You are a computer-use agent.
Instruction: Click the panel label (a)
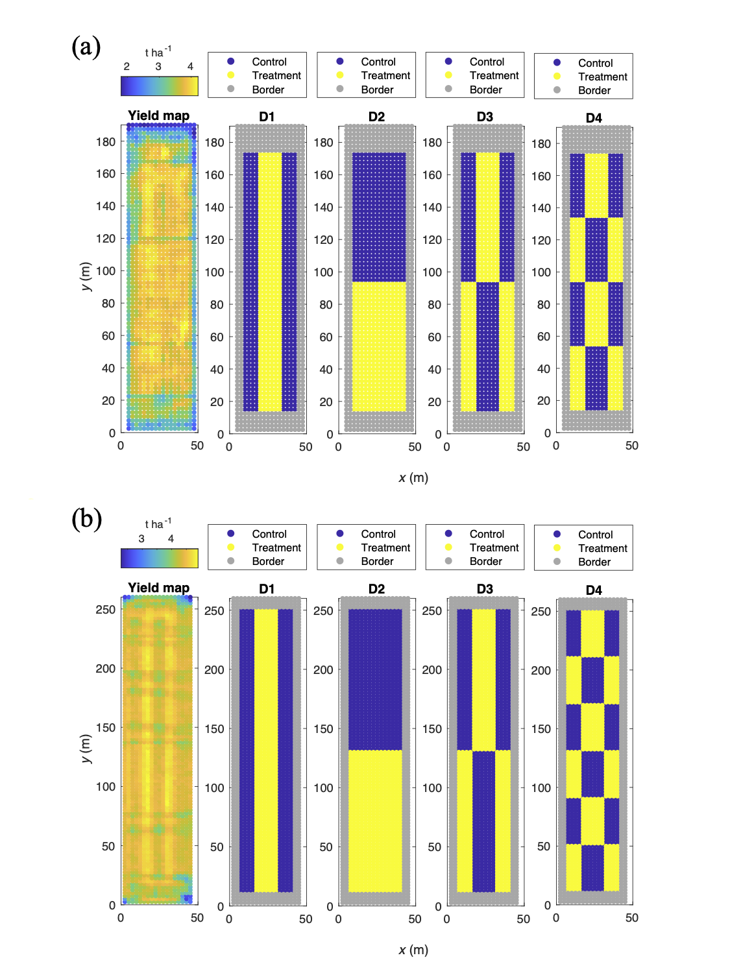(86, 47)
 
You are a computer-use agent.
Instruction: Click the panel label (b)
(86, 520)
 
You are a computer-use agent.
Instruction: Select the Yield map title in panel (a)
(158, 115)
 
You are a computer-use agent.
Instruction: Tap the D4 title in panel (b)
(594, 590)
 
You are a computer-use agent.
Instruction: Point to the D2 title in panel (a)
(376, 117)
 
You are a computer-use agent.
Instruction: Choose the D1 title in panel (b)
(267, 588)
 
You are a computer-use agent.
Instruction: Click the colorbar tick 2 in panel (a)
(127, 66)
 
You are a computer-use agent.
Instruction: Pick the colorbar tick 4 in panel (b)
(171, 538)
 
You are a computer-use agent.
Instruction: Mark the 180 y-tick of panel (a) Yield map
(106, 141)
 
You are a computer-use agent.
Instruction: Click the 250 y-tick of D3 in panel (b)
(432, 610)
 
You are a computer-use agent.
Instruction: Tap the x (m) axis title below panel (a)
(413, 477)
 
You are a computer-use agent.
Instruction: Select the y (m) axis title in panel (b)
(86, 749)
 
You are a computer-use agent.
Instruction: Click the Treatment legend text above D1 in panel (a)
(276, 75)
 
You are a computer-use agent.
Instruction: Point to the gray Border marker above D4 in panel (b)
(557, 562)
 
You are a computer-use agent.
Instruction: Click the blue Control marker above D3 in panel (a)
(448, 62)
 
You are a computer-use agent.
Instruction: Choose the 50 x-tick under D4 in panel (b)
(631, 918)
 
